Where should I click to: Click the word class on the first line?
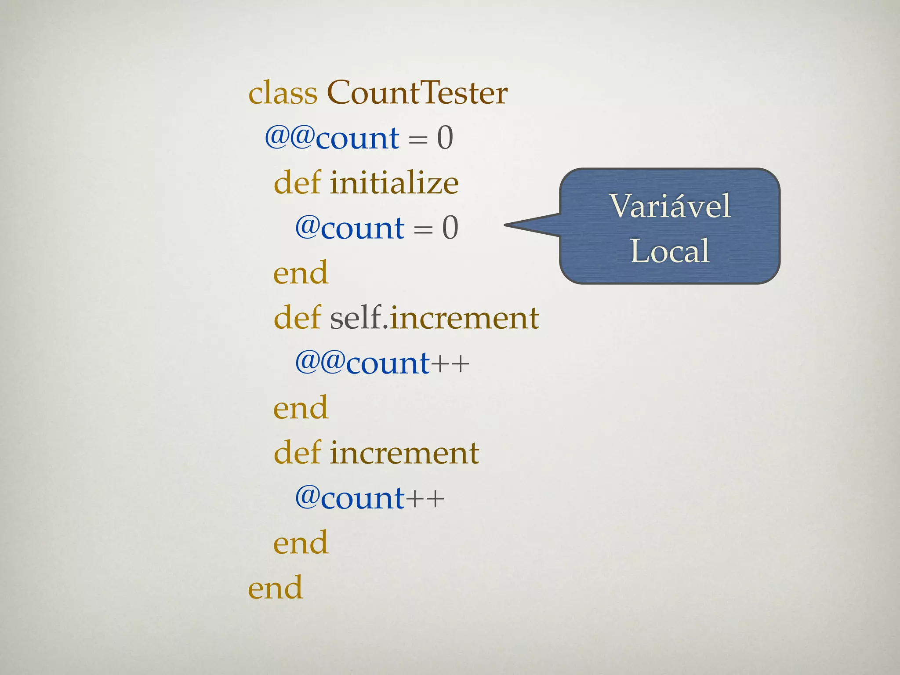pos(283,93)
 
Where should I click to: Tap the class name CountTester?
pos(417,93)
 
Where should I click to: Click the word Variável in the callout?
pos(670,206)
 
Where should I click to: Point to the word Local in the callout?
pos(670,251)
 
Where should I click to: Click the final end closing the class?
pos(276,588)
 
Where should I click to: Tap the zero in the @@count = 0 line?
pos(445,138)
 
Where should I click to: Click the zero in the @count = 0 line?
pos(450,228)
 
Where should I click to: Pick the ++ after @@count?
pos(450,364)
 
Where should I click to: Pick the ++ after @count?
pos(425,499)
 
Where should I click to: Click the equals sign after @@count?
pos(417,140)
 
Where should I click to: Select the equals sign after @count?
pos(423,229)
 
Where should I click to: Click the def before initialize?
pos(297,183)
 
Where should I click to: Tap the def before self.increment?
pos(297,318)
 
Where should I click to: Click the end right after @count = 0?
pos(301,273)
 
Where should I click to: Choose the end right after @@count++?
pos(301,408)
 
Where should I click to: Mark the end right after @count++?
pos(301,543)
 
